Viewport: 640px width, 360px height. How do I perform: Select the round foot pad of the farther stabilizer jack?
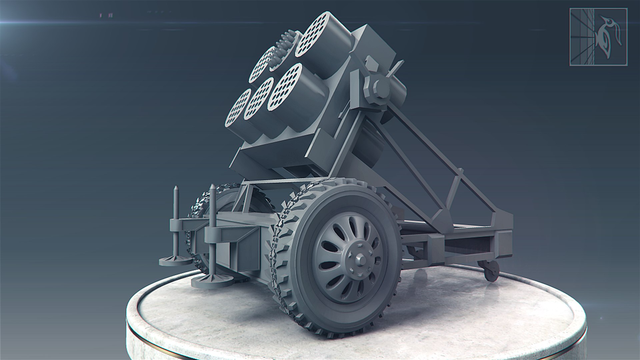[175, 261]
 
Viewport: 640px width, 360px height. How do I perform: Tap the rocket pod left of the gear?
[262, 65]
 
